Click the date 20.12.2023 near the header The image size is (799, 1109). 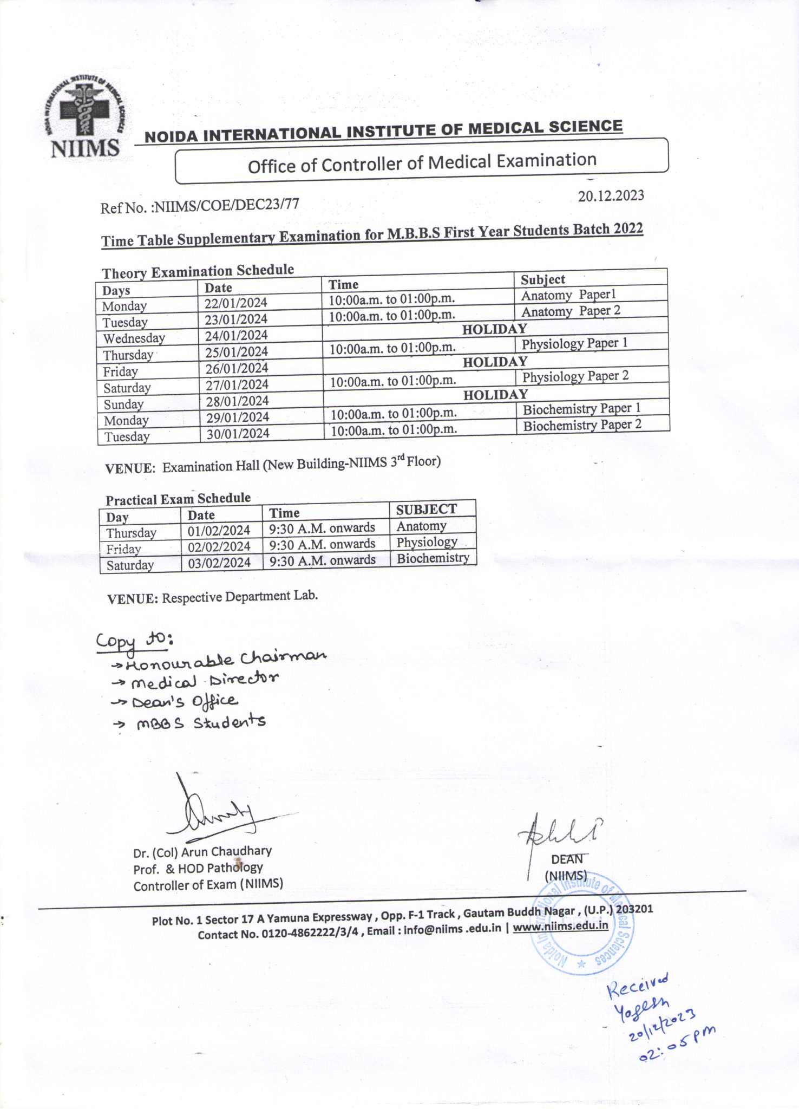tap(611, 195)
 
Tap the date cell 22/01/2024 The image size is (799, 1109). tap(235, 303)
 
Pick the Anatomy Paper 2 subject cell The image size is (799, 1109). tap(571, 311)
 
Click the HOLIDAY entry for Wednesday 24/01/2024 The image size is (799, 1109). tap(494, 329)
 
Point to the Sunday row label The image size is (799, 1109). tap(123, 405)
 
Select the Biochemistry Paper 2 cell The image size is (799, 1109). tap(582, 425)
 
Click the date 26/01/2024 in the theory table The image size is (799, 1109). tap(237, 369)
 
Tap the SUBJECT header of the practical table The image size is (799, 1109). tap(426, 510)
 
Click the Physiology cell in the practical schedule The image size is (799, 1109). tap(427, 542)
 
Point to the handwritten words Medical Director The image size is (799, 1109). tap(205, 680)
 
